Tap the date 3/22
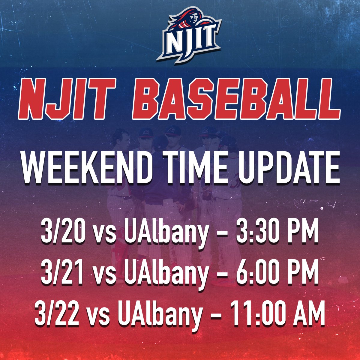pos(56,315)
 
